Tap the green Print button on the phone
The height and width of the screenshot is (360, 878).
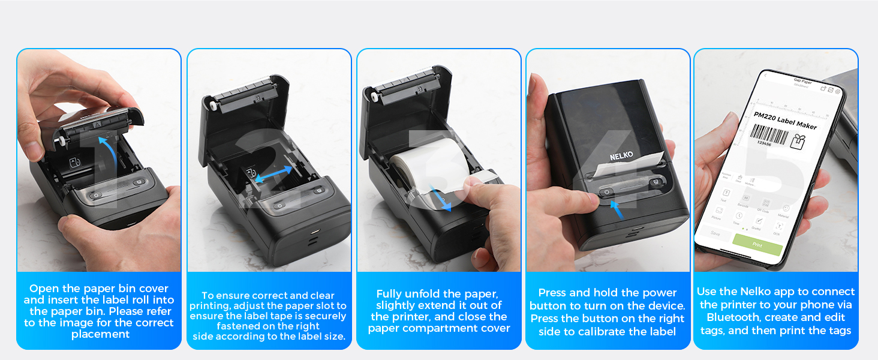tap(757, 245)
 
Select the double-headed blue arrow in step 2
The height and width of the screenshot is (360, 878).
tap(273, 174)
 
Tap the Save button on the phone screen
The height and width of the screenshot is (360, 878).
tap(715, 233)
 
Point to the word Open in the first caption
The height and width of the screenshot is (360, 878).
tap(44, 289)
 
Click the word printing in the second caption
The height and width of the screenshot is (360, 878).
tap(209, 305)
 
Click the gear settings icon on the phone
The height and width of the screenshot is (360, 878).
tap(837, 91)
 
